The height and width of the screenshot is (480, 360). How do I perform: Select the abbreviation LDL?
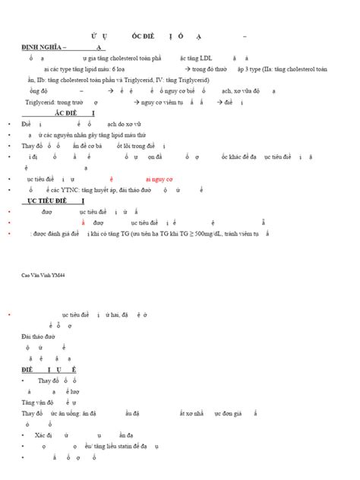pyautogui.click(x=207, y=57)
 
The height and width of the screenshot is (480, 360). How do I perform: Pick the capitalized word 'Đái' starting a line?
pyautogui.click(x=28, y=335)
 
